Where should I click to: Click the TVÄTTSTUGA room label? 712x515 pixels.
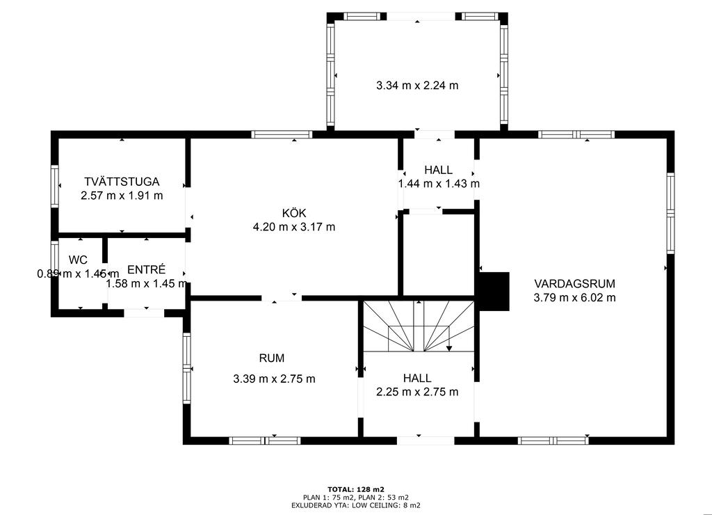122,182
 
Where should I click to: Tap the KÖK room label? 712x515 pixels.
294,213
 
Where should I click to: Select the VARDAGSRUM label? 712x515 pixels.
574,284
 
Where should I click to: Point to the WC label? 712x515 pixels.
78,260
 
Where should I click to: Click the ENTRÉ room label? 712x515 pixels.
146,269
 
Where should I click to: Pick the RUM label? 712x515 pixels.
272,358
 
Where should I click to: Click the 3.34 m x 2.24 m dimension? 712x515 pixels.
417,85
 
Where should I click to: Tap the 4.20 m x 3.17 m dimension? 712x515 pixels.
294,227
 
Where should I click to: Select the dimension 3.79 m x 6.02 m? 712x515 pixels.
574,298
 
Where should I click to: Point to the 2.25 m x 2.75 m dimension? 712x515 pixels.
417,392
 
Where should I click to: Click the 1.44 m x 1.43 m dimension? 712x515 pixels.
439,184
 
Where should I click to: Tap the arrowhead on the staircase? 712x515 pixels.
449,348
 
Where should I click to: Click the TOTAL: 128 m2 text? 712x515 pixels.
356,489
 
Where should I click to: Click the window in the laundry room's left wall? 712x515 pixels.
54,187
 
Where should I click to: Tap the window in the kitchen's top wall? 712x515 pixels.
282,134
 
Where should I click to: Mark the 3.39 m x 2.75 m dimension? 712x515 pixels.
274,379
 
